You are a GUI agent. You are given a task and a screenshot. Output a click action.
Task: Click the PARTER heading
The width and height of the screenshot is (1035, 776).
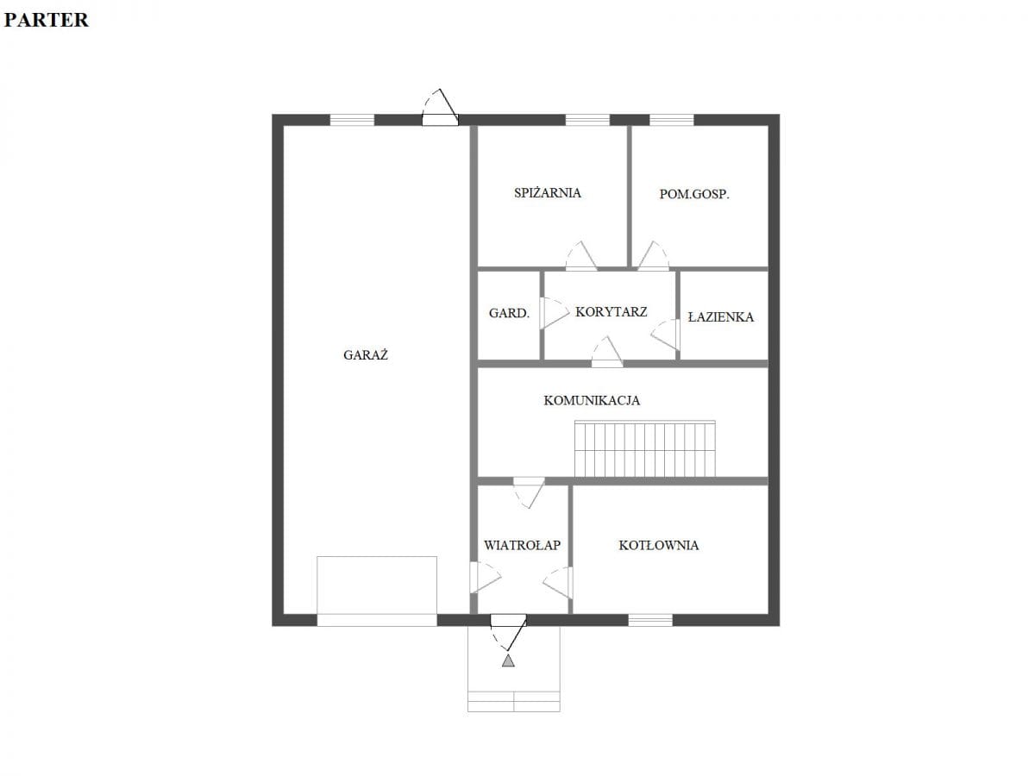click(x=47, y=20)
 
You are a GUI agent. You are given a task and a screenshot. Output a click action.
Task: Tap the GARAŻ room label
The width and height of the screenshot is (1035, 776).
click(x=366, y=354)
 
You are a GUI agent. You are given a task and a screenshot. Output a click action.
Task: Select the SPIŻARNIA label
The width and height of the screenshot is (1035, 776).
click(x=548, y=192)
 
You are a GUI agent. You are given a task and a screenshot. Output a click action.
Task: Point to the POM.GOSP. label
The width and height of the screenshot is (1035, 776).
click(x=694, y=194)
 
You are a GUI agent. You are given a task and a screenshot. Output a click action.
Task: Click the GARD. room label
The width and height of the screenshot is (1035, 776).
click(x=509, y=313)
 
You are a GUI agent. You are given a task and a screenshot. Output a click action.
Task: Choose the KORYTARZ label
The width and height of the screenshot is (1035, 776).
click(x=612, y=312)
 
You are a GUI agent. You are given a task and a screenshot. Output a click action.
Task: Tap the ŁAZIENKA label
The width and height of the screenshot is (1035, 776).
click(x=720, y=316)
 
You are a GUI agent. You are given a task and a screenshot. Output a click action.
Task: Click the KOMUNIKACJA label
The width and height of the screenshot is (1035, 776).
click(x=592, y=400)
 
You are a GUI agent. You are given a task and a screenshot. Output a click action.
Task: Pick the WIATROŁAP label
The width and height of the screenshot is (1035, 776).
click(x=522, y=545)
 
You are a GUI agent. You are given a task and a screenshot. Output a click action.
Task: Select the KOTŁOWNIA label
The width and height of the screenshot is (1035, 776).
click(x=659, y=545)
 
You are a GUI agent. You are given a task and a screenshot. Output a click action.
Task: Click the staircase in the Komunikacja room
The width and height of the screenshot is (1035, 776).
click(x=644, y=448)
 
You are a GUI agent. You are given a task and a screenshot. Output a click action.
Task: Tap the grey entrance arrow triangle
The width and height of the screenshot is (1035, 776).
click(x=508, y=660)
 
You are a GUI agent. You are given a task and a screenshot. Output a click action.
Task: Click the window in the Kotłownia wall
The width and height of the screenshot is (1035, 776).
click(x=650, y=620)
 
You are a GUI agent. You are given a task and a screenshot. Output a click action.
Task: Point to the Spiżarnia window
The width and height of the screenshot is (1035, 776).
click(x=587, y=120)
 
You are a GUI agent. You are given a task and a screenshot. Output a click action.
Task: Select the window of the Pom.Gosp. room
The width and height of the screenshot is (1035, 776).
click(x=671, y=120)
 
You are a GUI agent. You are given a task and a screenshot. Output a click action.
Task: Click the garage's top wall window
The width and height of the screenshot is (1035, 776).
click(x=352, y=120)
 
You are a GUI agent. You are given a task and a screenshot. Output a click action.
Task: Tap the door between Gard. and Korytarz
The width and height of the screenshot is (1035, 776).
click(x=553, y=313)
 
